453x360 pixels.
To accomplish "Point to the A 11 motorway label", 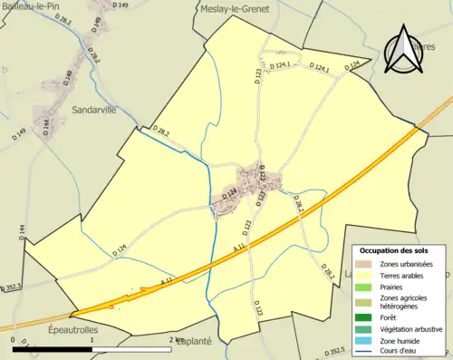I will pos(239,246).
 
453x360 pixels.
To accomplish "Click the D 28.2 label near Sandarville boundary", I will pos(162,133).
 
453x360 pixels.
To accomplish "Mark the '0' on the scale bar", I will pos(14,339).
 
